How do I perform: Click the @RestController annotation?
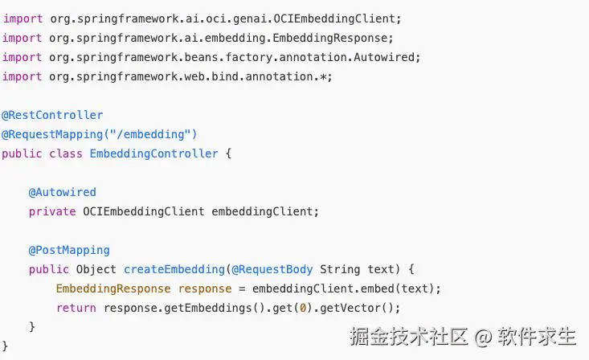coord(52,115)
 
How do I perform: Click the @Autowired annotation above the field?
coord(63,192)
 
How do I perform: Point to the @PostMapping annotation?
coord(69,250)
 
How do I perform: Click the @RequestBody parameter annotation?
coord(272,269)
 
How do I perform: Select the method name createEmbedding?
coord(174,269)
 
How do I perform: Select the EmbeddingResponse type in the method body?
coord(113,288)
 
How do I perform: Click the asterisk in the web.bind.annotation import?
coord(323,76)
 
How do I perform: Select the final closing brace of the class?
coord(5,346)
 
